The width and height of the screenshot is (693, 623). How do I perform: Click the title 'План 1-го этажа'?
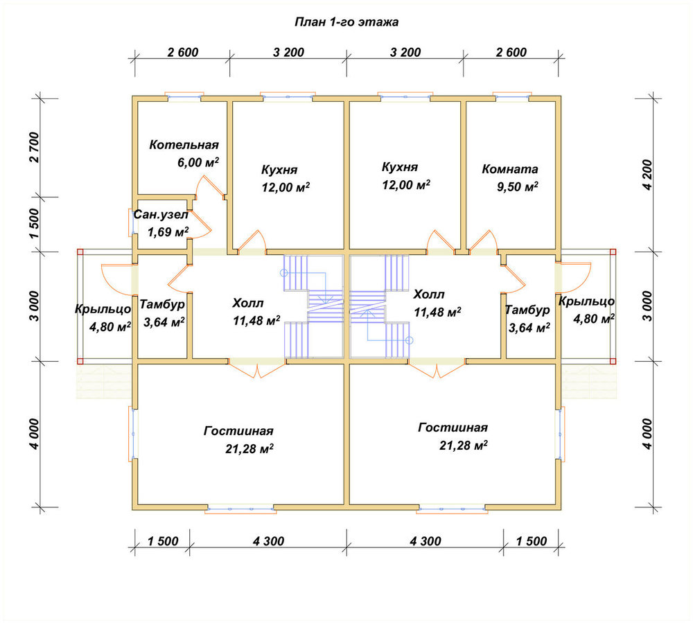[346, 22]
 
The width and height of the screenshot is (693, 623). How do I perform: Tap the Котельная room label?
[184, 145]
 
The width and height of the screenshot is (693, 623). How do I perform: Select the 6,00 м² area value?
[198, 162]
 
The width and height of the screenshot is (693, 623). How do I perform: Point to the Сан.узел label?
[161, 215]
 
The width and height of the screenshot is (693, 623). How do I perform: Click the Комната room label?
[510, 169]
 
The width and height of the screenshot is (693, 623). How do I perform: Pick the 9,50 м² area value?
[518, 186]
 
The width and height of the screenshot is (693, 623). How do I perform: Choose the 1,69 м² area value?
[168, 231]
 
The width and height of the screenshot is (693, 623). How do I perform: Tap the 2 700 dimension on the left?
[34, 148]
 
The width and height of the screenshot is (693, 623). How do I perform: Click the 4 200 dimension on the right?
[647, 175]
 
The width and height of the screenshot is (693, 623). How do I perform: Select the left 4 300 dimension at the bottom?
[269, 541]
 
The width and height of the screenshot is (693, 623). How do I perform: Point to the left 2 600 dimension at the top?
[183, 52]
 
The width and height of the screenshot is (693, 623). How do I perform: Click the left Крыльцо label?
[103, 309]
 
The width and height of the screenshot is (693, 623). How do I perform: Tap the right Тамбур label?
[527, 310]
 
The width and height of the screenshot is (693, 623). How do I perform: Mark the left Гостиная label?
[238, 431]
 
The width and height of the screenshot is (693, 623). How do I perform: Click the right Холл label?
[429, 295]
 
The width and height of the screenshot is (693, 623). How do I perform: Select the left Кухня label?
[279, 170]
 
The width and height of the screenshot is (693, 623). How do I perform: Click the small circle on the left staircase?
[283, 273]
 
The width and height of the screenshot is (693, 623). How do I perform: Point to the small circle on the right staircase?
[410, 341]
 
